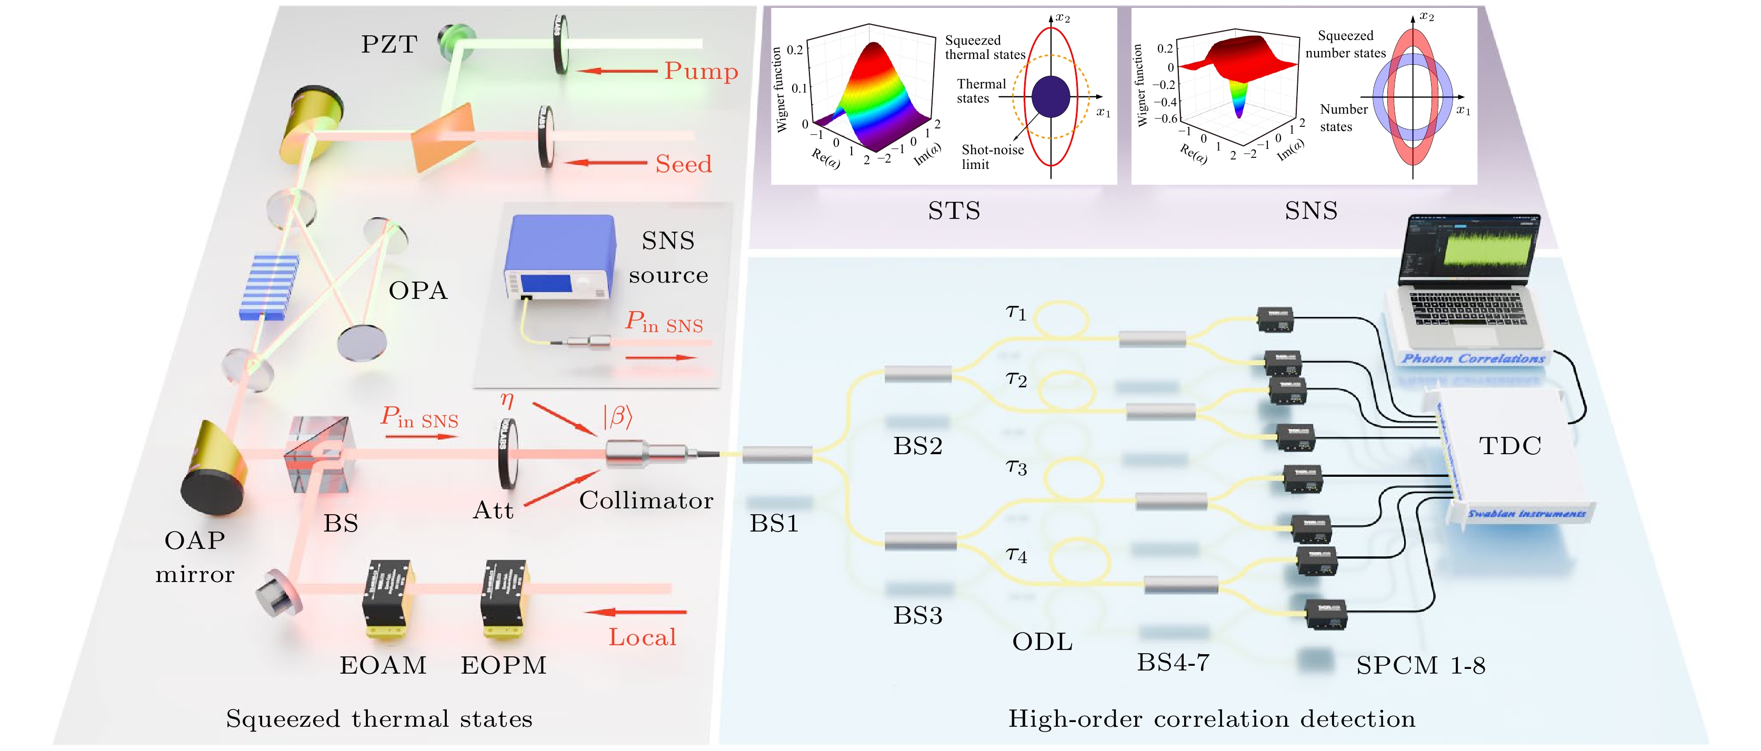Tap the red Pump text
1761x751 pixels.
(701, 71)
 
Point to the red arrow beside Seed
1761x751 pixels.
(606, 163)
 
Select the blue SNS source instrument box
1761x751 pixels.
(559, 256)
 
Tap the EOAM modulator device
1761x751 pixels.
(386, 598)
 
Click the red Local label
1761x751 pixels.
(642, 637)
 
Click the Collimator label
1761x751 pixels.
(646, 500)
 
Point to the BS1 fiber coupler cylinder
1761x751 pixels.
(777, 454)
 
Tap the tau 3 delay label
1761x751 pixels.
(1016, 467)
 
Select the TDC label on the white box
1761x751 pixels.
(1509, 446)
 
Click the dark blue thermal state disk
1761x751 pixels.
(1050, 97)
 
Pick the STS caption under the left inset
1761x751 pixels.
(954, 211)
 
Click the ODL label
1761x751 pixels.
(1042, 642)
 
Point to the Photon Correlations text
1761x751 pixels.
(1473, 358)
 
